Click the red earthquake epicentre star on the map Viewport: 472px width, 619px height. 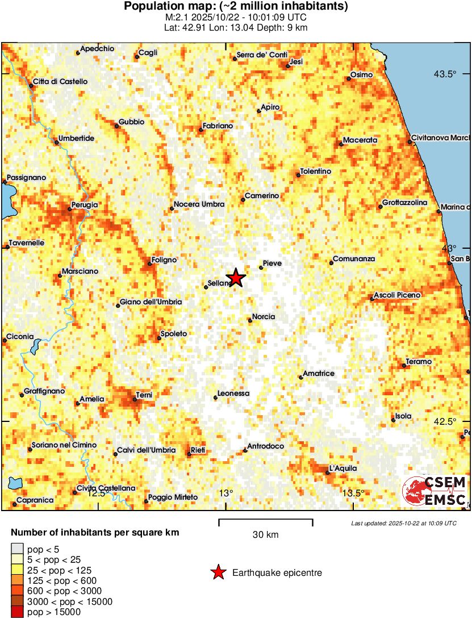coord(235,278)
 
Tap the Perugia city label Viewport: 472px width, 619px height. coord(85,204)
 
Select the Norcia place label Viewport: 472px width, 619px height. coord(264,316)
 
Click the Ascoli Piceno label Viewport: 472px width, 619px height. coord(398,295)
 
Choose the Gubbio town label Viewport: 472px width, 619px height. coord(131,122)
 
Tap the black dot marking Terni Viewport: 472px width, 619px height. coord(135,400)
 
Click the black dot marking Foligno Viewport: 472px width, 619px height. coord(149,264)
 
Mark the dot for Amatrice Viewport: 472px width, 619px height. coord(300,377)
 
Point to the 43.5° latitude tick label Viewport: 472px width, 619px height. coord(445,74)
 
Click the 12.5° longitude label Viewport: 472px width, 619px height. coord(98,493)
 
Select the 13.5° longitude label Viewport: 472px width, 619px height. coord(353,493)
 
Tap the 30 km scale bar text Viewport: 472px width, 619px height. coord(265,534)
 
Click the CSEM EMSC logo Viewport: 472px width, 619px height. coord(435,491)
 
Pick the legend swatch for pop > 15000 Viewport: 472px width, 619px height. coord(18,612)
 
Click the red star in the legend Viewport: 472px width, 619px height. coord(218,573)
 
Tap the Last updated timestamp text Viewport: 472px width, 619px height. coord(403,523)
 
